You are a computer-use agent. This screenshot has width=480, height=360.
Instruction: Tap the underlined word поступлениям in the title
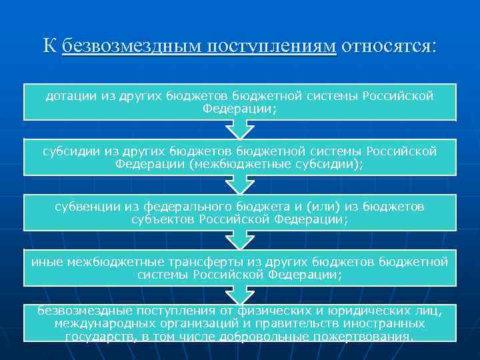pyautogui.click(x=271, y=46)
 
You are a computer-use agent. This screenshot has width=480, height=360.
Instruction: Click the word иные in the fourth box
pyautogui.click(x=44, y=262)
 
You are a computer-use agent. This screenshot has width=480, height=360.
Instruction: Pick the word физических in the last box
pyautogui.click(x=245, y=311)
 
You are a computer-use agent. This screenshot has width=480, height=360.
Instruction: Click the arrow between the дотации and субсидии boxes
pyautogui.click(x=239, y=131)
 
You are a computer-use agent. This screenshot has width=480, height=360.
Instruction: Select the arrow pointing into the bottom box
pyautogui.click(x=239, y=294)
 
